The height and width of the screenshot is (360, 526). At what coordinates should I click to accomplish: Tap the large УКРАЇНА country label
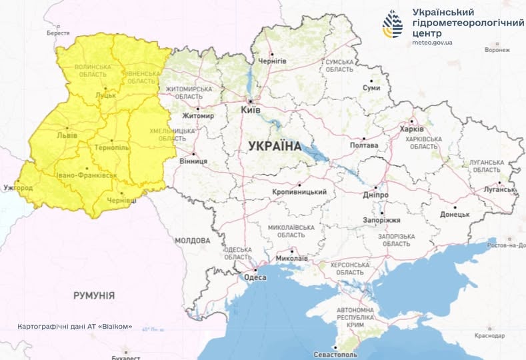pyautogui.click(x=274, y=145)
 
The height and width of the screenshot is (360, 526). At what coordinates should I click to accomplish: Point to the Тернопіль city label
pyautogui.click(x=113, y=147)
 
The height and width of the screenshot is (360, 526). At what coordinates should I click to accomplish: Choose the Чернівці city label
pyautogui.click(x=122, y=199)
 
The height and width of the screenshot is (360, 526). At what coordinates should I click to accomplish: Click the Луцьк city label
pyautogui.click(x=106, y=95)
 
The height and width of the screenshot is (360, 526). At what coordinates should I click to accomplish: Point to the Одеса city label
pyautogui.click(x=255, y=278)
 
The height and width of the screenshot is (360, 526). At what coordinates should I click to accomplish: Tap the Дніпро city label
pyautogui.click(x=377, y=195)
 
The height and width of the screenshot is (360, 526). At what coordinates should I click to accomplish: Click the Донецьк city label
pyautogui.click(x=455, y=215)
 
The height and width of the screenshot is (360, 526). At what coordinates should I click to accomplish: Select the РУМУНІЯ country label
pyautogui.click(x=93, y=295)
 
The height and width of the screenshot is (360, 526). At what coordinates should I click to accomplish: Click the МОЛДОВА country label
pyautogui.click(x=192, y=241)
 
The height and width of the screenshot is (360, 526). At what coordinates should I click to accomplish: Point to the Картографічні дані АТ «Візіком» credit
pyautogui.click(x=75, y=327)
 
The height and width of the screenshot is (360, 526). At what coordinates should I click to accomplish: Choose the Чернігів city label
pyautogui.click(x=273, y=61)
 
